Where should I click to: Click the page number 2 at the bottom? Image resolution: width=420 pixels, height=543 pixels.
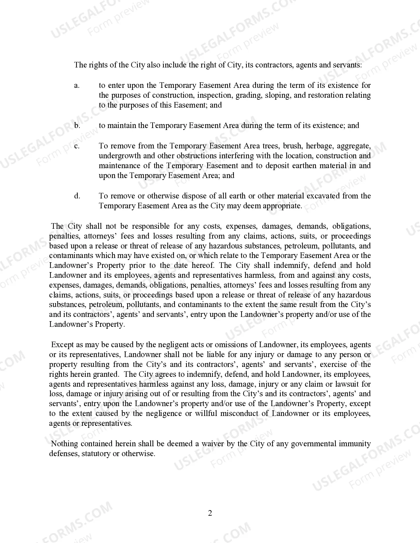[x=210, y=513]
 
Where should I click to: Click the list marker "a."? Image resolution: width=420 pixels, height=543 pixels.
[x=77, y=86]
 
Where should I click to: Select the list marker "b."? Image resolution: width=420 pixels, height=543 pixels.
[x=77, y=125]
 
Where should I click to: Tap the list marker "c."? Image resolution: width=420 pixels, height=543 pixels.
[x=77, y=146]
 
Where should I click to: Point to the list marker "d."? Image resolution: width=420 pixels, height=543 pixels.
[x=77, y=196]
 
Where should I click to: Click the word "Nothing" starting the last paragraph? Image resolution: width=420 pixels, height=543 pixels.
[x=65, y=444]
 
